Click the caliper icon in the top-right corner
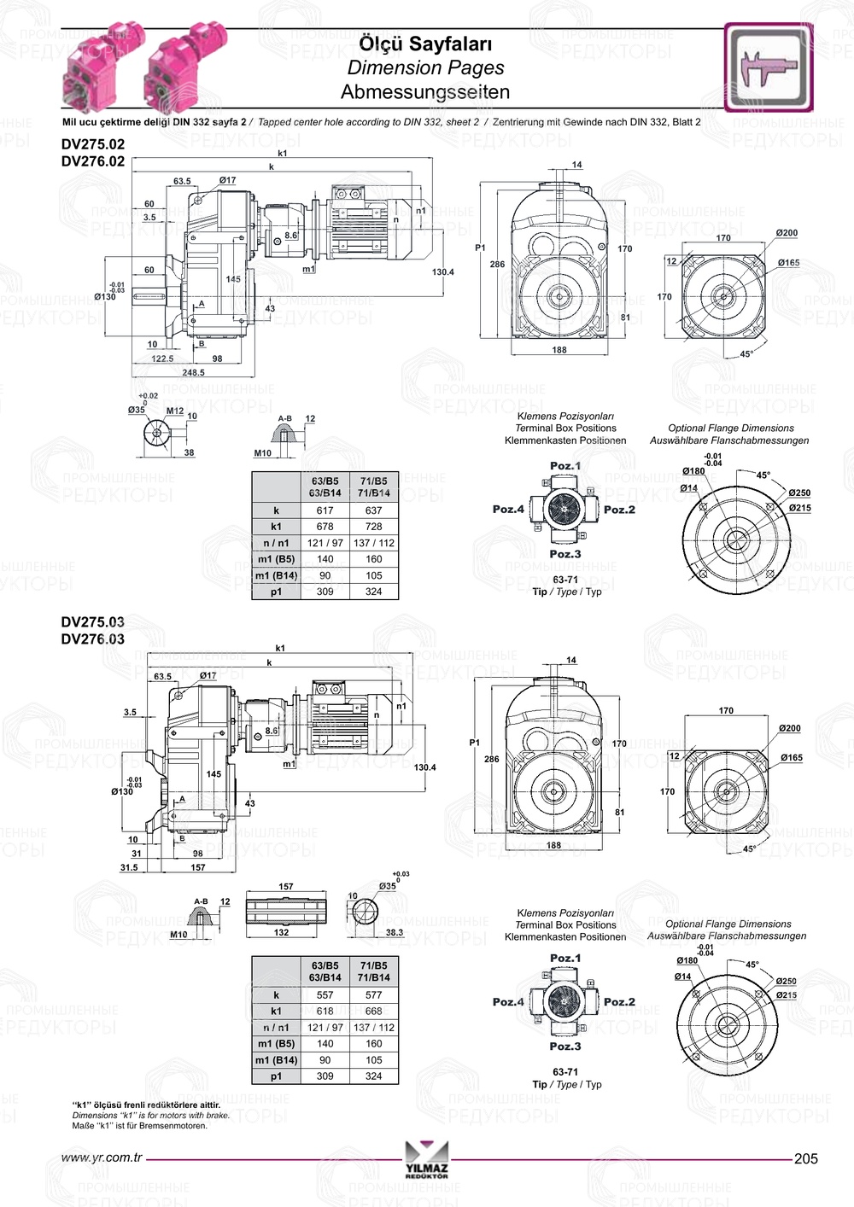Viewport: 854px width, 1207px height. pyautogui.click(x=769, y=67)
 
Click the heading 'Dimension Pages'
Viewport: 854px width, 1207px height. pyautogui.click(x=425, y=67)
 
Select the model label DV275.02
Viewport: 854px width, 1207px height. pyautogui.click(x=92, y=144)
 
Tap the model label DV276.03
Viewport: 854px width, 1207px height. pyautogui.click(x=92, y=638)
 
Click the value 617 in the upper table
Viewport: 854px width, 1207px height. pyautogui.click(x=325, y=510)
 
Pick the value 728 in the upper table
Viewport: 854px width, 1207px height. pyautogui.click(x=374, y=527)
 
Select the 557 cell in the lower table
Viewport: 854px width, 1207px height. pyautogui.click(x=325, y=994)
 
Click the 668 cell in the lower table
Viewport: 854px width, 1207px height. pyautogui.click(x=374, y=1011)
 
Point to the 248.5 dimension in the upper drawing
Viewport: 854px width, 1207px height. pyautogui.click(x=193, y=372)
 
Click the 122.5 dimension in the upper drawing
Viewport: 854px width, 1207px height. pyautogui.click(x=162, y=359)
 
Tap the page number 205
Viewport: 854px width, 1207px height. pyautogui.click(x=805, y=1158)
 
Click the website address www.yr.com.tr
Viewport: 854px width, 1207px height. pyautogui.click(x=102, y=1158)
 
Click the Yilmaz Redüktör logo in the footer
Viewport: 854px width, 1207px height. pyautogui.click(x=426, y=1159)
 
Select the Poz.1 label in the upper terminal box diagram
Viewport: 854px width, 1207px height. pyautogui.click(x=564, y=466)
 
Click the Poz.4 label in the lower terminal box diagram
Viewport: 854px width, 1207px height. pyautogui.click(x=508, y=1002)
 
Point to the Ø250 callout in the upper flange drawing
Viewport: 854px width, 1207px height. pyautogui.click(x=799, y=493)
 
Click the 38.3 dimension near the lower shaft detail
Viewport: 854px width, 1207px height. pyautogui.click(x=394, y=932)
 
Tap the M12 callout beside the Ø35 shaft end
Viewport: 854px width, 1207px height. pyautogui.click(x=174, y=411)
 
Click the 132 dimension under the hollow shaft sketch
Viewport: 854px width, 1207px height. pyautogui.click(x=281, y=932)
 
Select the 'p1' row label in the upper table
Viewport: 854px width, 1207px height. pyautogui.click(x=276, y=592)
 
